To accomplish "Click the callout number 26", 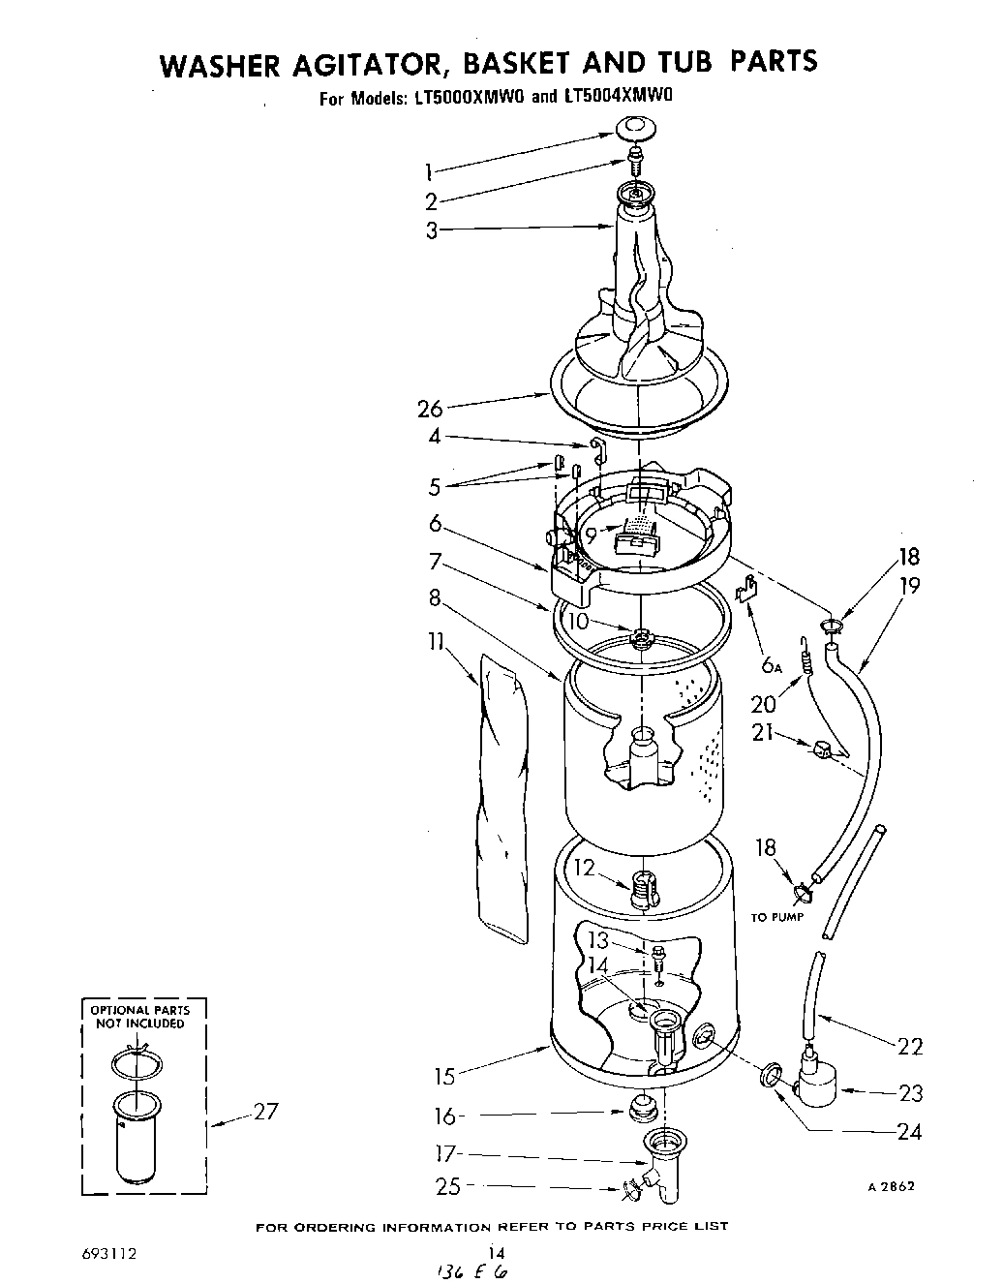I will [430, 408].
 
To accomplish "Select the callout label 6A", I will [772, 664].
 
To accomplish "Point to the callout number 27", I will [265, 1112].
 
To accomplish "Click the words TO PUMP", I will [776, 917].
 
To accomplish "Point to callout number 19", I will [908, 586].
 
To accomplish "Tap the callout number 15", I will [444, 1075].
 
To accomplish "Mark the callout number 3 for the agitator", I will [432, 230].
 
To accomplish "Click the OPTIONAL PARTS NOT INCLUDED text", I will [139, 1016].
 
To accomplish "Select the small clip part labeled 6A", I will [746, 591].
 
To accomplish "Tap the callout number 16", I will [443, 1116].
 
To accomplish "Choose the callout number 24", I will [910, 1131].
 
